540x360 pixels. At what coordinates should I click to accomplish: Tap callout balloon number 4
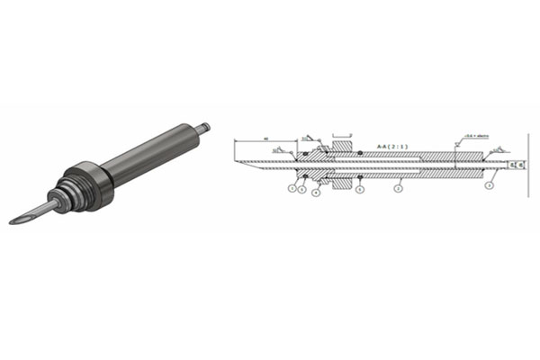pos(315,192)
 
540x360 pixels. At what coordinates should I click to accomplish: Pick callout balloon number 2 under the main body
pos(398,189)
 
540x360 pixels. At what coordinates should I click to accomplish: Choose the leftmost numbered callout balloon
pos(292,188)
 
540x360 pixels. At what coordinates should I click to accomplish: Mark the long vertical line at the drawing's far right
pos(524,166)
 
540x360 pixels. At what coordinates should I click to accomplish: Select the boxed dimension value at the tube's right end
pos(515,166)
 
